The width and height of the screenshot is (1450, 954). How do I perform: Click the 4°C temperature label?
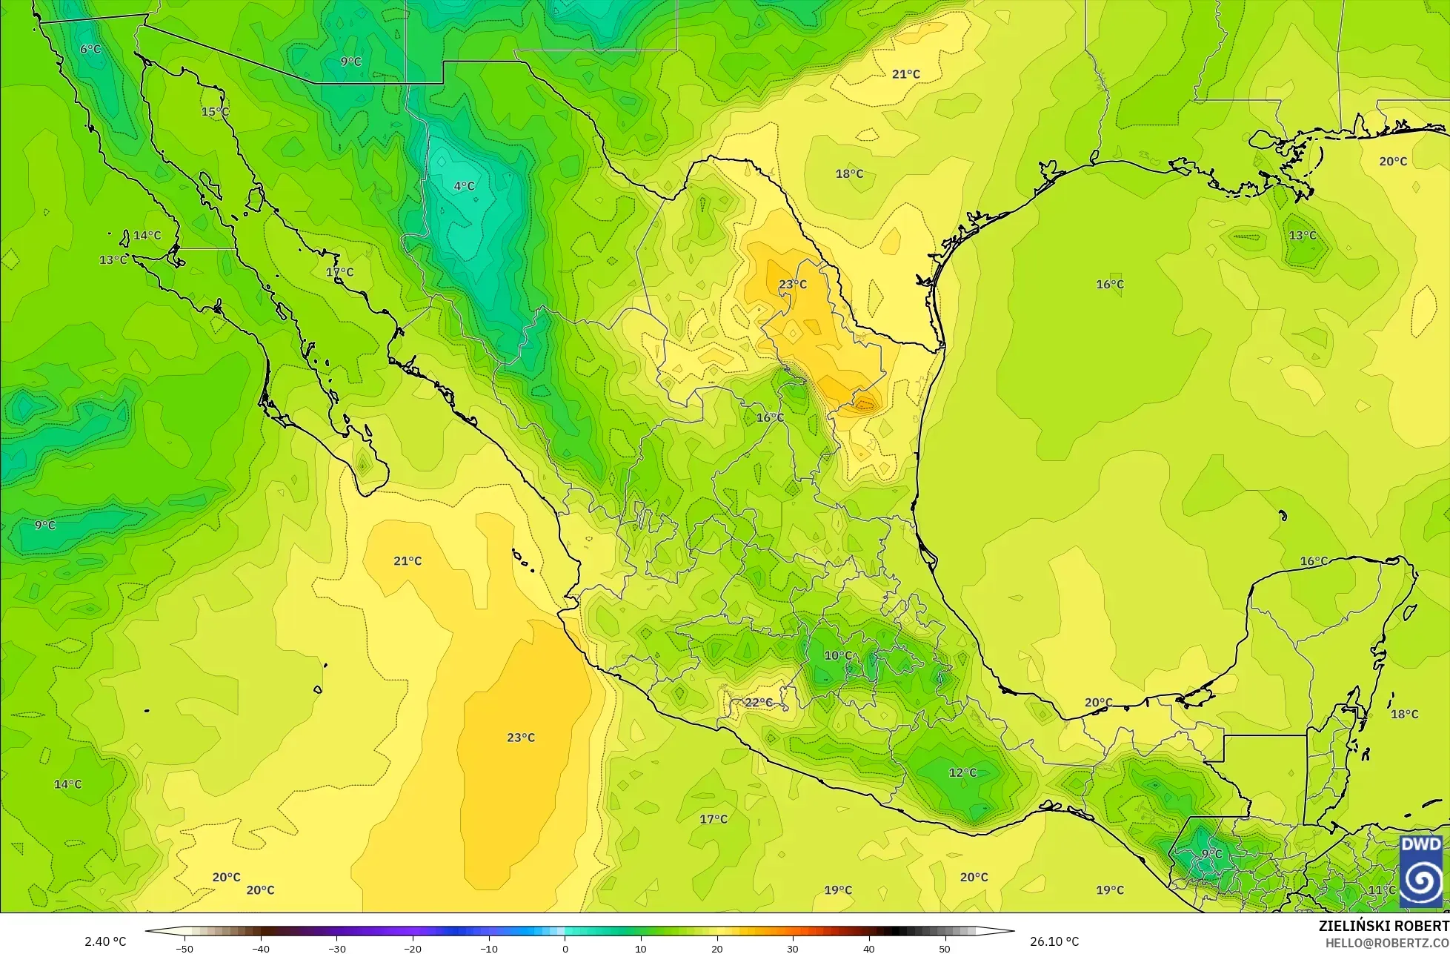tap(464, 186)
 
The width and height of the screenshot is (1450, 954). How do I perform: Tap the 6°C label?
tap(90, 49)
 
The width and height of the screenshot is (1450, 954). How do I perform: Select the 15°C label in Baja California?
tap(215, 112)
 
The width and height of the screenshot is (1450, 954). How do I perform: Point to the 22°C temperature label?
tap(758, 703)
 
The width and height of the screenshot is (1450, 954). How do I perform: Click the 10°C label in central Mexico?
tap(838, 655)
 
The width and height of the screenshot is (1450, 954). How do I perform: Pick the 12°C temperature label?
tap(962, 772)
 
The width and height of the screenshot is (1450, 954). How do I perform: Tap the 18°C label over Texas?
tap(849, 173)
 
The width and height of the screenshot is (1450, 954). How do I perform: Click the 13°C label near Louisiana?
tap(1302, 236)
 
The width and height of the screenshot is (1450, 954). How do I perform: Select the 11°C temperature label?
tap(1381, 890)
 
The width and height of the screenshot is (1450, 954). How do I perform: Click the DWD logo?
tap(1420, 872)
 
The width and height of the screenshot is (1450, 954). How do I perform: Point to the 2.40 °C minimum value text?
tap(105, 941)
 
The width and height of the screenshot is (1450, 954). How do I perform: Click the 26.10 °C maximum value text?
tap(1054, 941)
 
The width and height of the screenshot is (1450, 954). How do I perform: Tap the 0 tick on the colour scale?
tap(565, 949)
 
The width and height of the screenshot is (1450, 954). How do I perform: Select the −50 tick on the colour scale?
tap(184, 949)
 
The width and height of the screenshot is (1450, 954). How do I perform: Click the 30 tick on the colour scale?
tap(792, 949)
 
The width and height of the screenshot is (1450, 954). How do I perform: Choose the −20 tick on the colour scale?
tap(413, 949)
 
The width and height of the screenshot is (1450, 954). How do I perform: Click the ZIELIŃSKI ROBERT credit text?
tap(1383, 926)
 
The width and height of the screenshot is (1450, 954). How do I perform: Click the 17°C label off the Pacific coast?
tap(713, 819)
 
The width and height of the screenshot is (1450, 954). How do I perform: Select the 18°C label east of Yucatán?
tap(1404, 714)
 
